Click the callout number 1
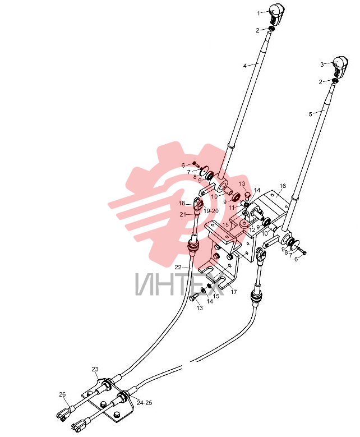coord(259,13)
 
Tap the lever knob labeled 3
coord(341,66)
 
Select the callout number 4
coord(245,66)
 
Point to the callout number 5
coord(311,114)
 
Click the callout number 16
coord(283,186)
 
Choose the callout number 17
coord(233,292)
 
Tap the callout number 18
coord(182,203)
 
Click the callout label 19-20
coord(211,211)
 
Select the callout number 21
coord(183,214)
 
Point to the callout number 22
coord(178,267)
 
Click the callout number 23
coord(95,369)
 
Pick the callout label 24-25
coord(144,403)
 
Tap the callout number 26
coord(62,394)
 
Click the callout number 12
coord(252,230)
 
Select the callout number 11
coord(232,208)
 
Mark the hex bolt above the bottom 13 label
coord(193,297)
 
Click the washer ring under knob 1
coord(271,29)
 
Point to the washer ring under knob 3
coord(335,81)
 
